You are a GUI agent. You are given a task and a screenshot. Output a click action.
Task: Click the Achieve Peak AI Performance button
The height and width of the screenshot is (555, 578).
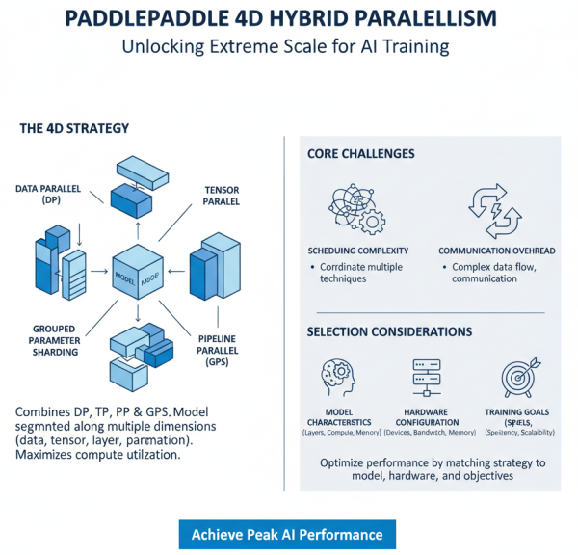tap(287, 534)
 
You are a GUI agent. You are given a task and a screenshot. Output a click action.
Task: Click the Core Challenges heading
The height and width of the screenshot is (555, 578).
tap(360, 154)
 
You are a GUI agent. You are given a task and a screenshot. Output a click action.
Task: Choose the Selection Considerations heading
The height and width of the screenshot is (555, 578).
tap(389, 331)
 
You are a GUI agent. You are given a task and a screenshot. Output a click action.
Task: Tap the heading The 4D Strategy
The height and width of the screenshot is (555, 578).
tap(74, 127)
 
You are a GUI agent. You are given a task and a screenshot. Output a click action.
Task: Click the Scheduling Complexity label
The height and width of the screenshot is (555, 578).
tap(354, 250)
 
